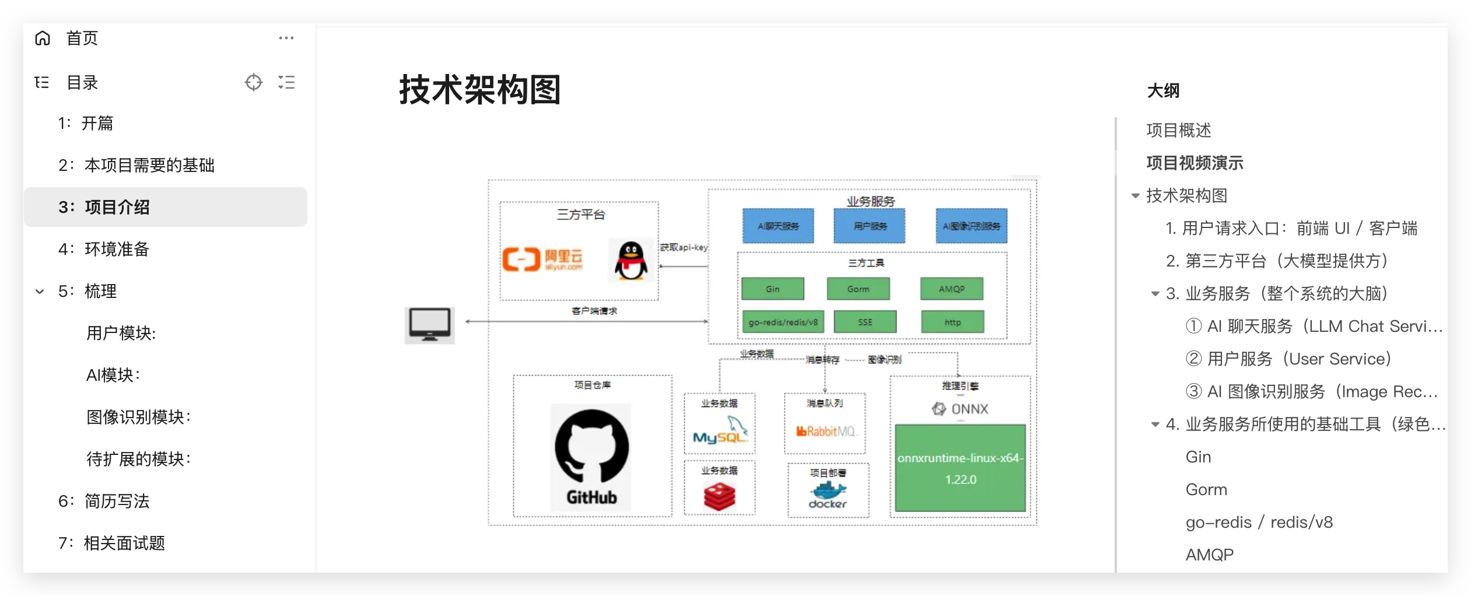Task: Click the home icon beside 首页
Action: [43, 38]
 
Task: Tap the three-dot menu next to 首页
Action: [286, 38]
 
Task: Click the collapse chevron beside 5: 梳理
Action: [40, 292]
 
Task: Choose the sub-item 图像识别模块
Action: [138, 417]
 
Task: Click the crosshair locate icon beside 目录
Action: [253, 82]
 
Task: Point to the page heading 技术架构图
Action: [479, 90]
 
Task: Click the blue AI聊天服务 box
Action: [777, 226]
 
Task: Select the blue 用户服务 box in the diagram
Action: [869, 226]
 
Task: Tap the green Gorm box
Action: [858, 289]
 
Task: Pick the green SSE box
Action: [865, 322]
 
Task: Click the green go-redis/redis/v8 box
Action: [783, 322]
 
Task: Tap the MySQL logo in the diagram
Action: [720, 431]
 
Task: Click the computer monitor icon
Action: [430, 324]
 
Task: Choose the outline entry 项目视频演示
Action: [1195, 163]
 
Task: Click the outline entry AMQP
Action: [1209, 555]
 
